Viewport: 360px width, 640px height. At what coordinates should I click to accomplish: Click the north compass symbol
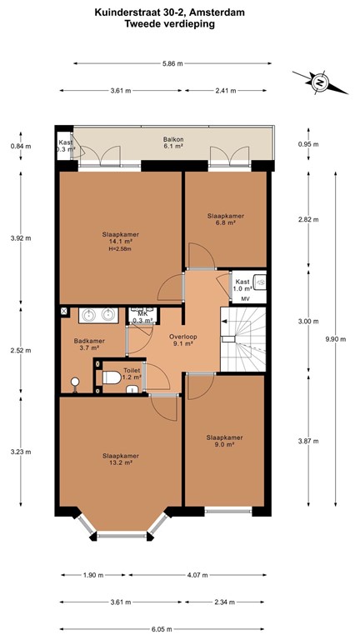tap(320, 82)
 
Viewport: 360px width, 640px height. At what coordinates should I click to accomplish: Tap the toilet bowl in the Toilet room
tap(111, 377)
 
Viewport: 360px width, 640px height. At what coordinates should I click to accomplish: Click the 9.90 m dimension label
tap(336, 339)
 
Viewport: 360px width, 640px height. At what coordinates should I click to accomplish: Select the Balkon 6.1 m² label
tap(172, 142)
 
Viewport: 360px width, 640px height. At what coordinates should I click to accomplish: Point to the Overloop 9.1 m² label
tap(183, 340)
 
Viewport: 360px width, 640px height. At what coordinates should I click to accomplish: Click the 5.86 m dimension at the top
tap(172, 63)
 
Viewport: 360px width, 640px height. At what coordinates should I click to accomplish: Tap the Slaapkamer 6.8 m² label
tap(226, 219)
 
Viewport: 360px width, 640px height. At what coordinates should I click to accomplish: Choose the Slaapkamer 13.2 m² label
tap(121, 459)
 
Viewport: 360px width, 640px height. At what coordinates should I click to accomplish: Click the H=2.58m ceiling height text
tap(120, 248)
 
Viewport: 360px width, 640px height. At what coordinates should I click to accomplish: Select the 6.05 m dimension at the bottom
tap(161, 629)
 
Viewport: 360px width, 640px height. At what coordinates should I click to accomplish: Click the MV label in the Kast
tap(245, 299)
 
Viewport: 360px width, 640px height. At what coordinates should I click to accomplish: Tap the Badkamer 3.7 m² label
tap(89, 344)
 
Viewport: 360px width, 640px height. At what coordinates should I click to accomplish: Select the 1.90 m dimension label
tap(93, 575)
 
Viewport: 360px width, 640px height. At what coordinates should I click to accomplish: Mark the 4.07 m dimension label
tap(197, 575)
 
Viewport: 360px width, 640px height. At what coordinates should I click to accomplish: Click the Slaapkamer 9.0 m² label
tap(224, 441)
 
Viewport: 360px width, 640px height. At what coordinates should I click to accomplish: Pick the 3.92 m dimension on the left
tap(21, 238)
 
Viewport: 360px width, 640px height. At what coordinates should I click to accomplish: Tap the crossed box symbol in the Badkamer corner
tap(64, 311)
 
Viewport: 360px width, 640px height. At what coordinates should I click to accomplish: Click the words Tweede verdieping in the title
tap(170, 24)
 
